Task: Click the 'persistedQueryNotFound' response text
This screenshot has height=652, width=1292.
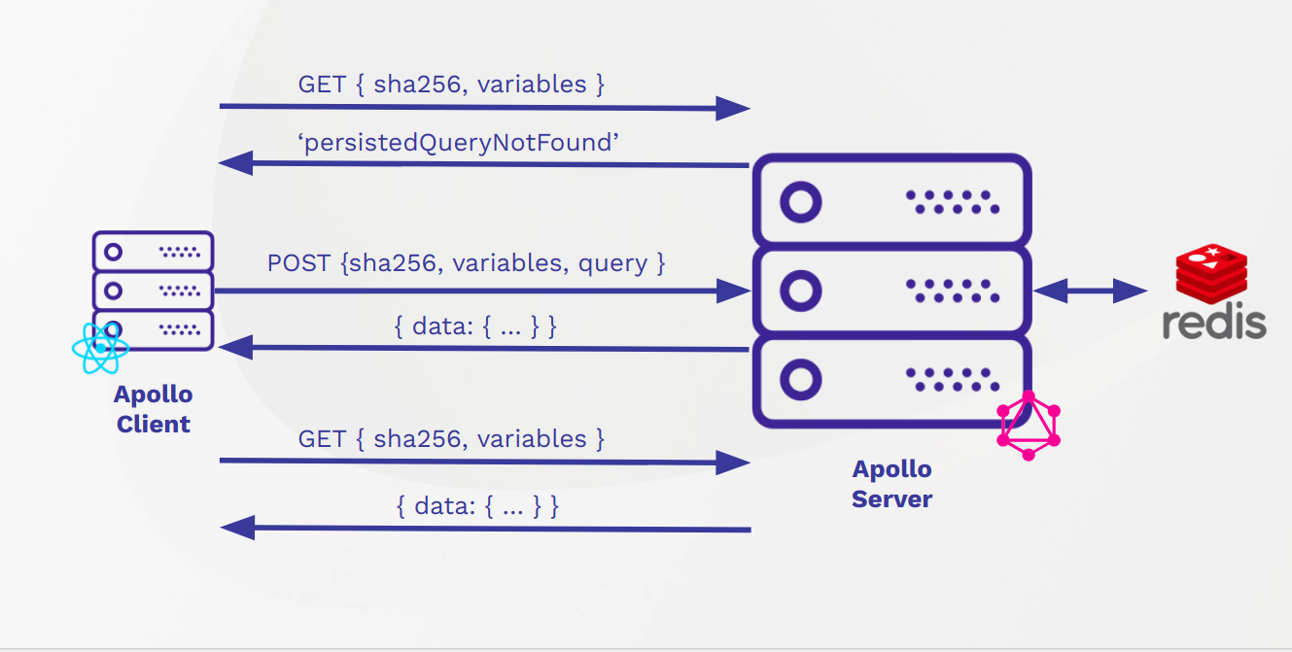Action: pyautogui.click(x=459, y=143)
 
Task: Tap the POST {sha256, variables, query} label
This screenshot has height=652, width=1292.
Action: pyautogui.click(x=466, y=263)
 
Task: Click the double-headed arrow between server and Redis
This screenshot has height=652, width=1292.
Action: pyautogui.click(x=1090, y=290)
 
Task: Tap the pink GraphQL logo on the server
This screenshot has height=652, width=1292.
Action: pyautogui.click(x=1029, y=426)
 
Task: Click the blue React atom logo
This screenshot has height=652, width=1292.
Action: pyautogui.click(x=99, y=348)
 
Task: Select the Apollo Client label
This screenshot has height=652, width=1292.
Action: pyautogui.click(x=153, y=409)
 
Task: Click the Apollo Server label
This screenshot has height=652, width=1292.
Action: pyautogui.click(x=891, y=484)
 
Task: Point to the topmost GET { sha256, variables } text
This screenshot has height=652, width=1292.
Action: pyautogui.click(x=451, y=85)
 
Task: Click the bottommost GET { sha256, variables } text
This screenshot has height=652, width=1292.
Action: pyautogui.click(x=451, y=439)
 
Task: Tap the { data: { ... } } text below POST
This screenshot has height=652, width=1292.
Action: pyautogui.click(x=475, y=326)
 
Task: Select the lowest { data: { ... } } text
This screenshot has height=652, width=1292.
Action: pyautogui.click(x=477, y=506)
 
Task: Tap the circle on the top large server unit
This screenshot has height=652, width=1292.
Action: pyautogui.click(x=801, y=203)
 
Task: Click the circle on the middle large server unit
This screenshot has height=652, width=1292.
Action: pyautogui.click(x=801, y=290)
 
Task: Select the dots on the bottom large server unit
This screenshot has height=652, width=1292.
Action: pyautogui.click(x=952, y=379)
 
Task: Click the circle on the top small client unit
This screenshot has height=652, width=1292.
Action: pyautogui.click(x=114, y=253)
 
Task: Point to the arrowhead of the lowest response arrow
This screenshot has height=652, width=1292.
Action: pyautogui.click(x=238, y=528)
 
